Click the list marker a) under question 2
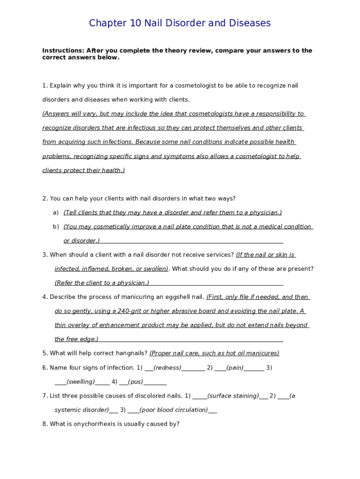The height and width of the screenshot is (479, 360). (x=56, y=212)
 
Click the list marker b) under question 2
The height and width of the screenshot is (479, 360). (x=56, y=226)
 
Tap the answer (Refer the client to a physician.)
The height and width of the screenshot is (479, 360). (x=102, y=283)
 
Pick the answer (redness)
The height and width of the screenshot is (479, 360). (x=167, y=368)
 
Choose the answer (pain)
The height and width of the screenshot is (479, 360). (x=235, y=368)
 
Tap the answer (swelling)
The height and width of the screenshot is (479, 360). (x=81, y=382)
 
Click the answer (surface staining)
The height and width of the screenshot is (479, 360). (x=233, y=396)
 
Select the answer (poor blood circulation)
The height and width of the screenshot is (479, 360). (x=173, y=410)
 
